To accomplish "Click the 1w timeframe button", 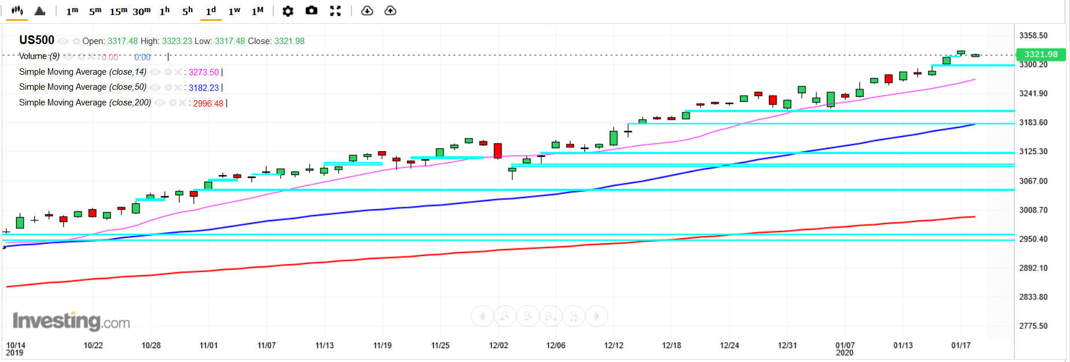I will pyautogui.click(x=234, y=11).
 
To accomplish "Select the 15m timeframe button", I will pyautogui.click(x=118, y=11).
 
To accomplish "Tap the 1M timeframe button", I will pyautogui.click(x=257, y=11).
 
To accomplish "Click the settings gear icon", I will pyautogui.click(x=288, y=11).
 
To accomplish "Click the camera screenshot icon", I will pyautogui.click(x=312, y=10).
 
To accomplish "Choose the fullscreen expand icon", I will pyautogui.click(x=335, y=11).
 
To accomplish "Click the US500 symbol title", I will pyautogui.click(x=36, y=40).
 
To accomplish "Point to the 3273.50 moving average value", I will pyautogui.click(x=203, y=72).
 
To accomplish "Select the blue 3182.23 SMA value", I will pyautogui.click(x=203, y=88).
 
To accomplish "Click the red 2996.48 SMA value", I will pyautogui.click(x=208, y=104).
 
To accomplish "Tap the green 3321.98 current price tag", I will pyautogui.click(x=1040, y=54).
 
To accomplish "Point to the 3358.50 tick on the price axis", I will pyautogui.click(x=1033, y=35).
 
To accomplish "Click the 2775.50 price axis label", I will pyautogui.click(x=1033, y=326).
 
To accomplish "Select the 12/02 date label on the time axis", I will pyautogui.click(x=499, y=345).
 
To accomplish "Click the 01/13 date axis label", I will pyautogui.click(x=903, y=345).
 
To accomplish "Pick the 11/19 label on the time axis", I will pyautogui.click(x=382, y=345).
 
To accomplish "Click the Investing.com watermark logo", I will pyautogui.click(x=71, y=321).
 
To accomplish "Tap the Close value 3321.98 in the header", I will pyautogui.click(x=289, y=41).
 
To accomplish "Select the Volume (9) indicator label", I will pyautogui.click(x=39, y=56).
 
